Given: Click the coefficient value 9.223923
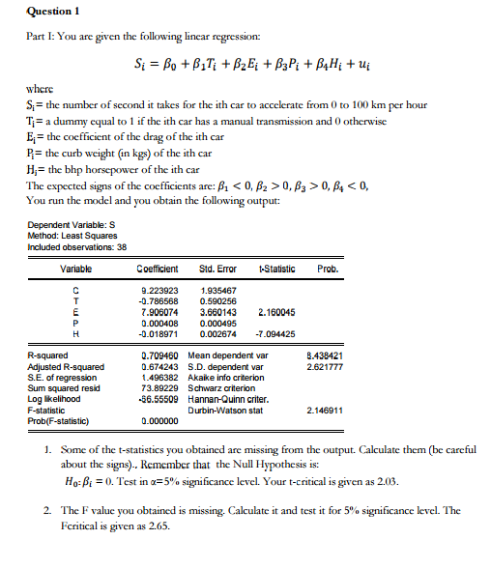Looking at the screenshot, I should pos(160,290).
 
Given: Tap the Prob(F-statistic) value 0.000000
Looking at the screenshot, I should pos(160,420).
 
